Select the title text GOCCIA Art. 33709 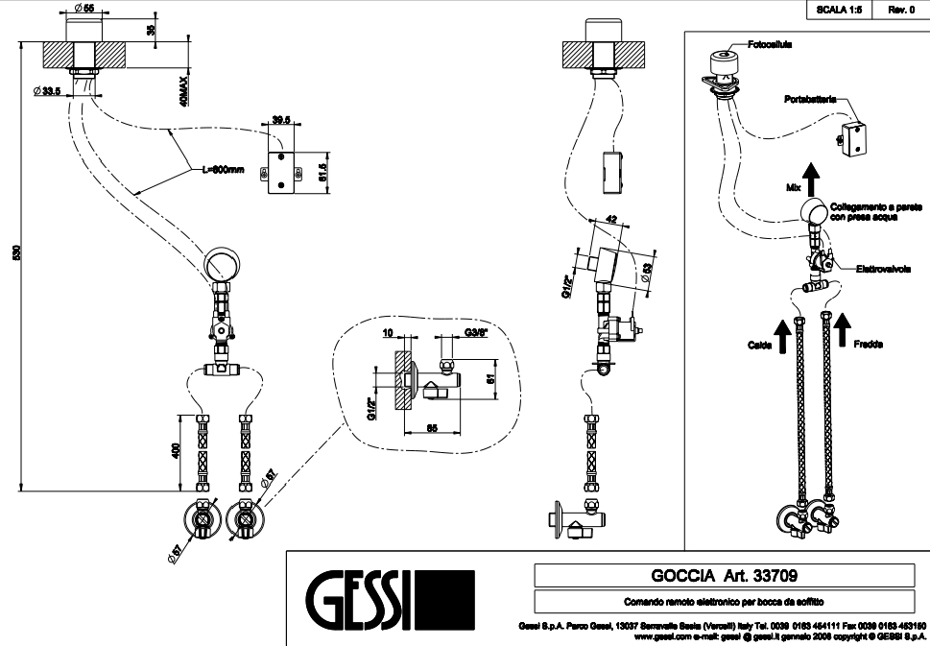(x=725, y=575)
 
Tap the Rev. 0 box (x=902, y=9)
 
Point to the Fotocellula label (x=772, y=43)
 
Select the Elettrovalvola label (x=883, y=270)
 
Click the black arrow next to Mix (x=812, y=178)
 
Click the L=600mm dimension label (x=224, y=170)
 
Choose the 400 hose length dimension (x=177, y=451)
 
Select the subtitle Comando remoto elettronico (x=725, y=602)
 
